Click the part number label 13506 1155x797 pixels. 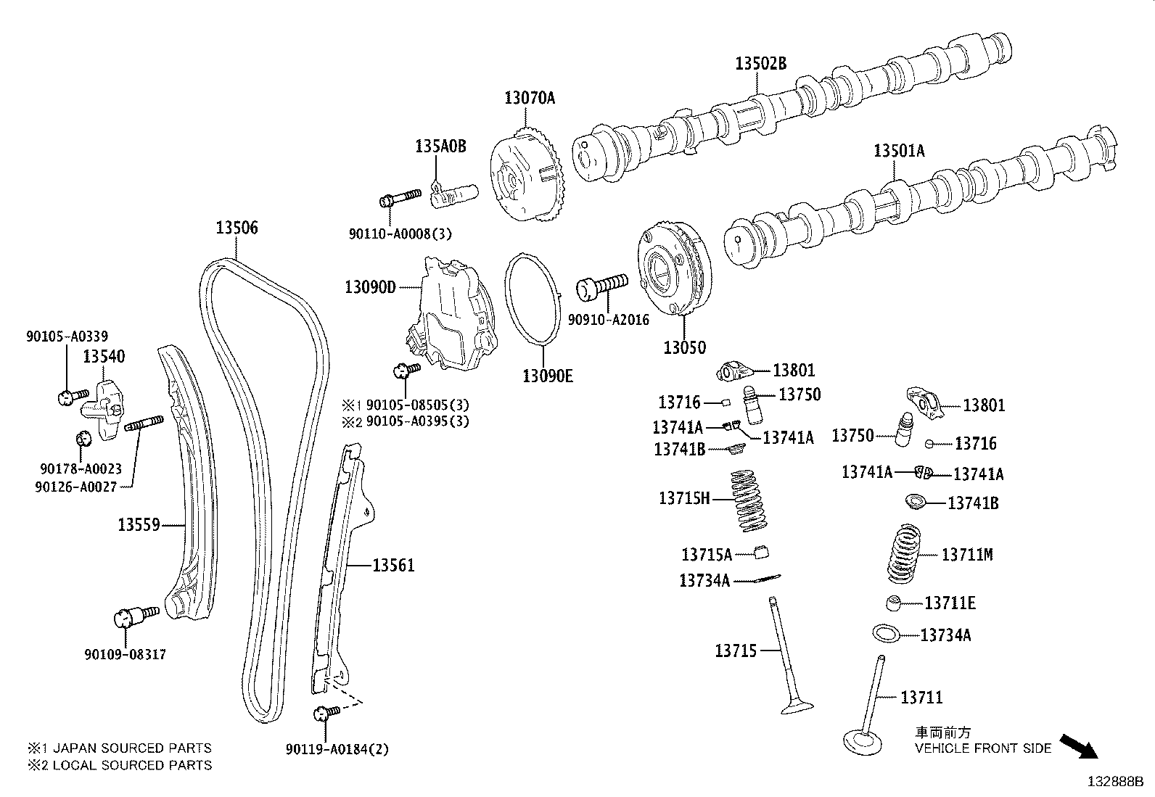pyautogui.click(x=237, y=228)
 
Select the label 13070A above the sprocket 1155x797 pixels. pyautogui.click(x=530, y=98)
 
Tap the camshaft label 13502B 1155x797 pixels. pyautogui.click(x=760, y=64)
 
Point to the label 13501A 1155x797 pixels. pyautogui.click(x=899, y=151)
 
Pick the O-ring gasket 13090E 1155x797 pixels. pyautogui.click(x=533, y=298)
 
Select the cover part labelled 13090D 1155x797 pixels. pyautogui.click(x=447, y=316)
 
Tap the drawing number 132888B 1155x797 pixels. pyautogui.click(x=1114, y=782)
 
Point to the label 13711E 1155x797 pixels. pyautogui.click(x=950, y=603)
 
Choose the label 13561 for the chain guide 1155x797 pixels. pyautogui.click(x=393, y=565)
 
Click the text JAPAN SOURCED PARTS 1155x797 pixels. pyautogui.click(x=133, y=748)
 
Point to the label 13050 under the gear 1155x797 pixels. pyautogui.click(x=684, y=347)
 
